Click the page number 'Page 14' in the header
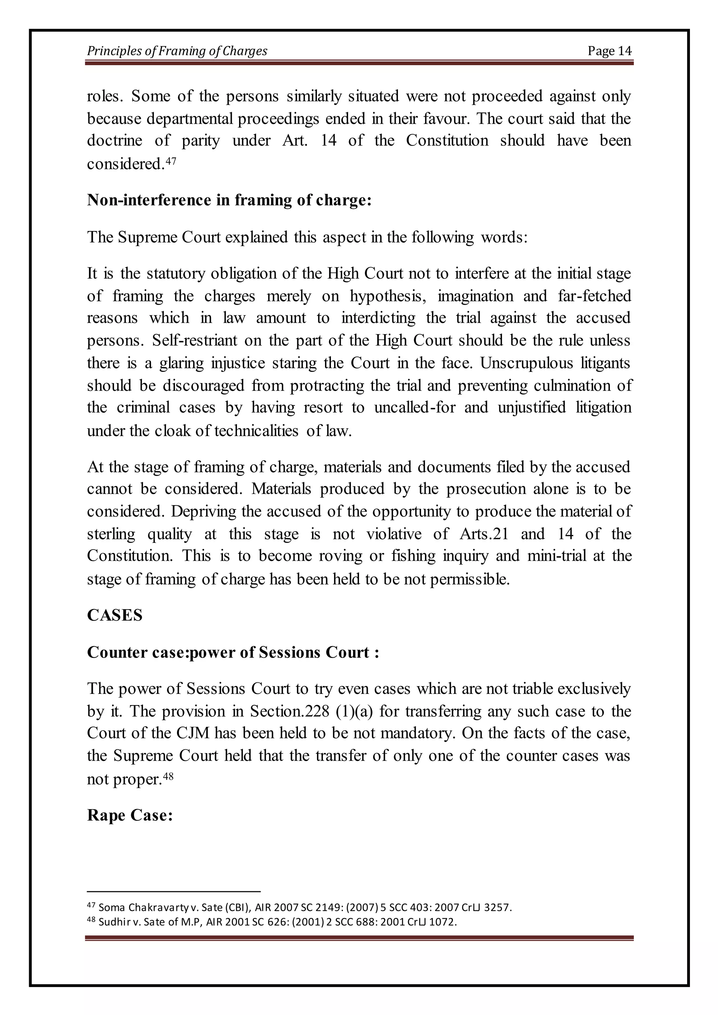click(x=609, y=51)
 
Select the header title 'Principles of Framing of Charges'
click(x=177, y=51)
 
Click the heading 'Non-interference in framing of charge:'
click(x=229, y=200)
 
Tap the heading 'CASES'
click(x=115, y=615)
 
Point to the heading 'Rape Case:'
click(x=129, y=815)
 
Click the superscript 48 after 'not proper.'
click(x=168, y=776)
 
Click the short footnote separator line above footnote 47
click(x=173, y=892)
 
